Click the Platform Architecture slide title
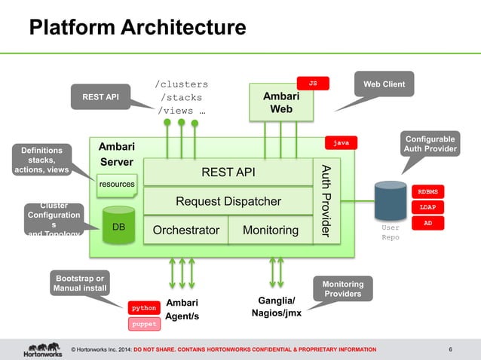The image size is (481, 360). [137, 27]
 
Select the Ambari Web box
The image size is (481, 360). [280, 103]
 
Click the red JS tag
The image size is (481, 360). [312, 83]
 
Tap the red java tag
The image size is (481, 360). [341, 142]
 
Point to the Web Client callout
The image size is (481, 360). [384, 84]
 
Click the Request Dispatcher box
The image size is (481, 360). [228, 201]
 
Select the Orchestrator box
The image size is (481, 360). [185, 230]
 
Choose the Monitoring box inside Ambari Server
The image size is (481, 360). [270, 230]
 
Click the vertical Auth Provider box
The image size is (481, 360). [326, 200]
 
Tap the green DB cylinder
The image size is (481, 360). [118, 224]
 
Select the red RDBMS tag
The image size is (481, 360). [427, 191]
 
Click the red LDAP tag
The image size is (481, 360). [427, 207]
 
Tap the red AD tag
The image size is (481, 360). [427, 224]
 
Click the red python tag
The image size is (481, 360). [144, 308]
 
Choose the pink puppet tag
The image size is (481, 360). [144, 325]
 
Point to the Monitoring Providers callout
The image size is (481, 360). [343, 289]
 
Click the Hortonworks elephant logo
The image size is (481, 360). [42, 349]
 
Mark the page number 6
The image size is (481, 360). [450, 349]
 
